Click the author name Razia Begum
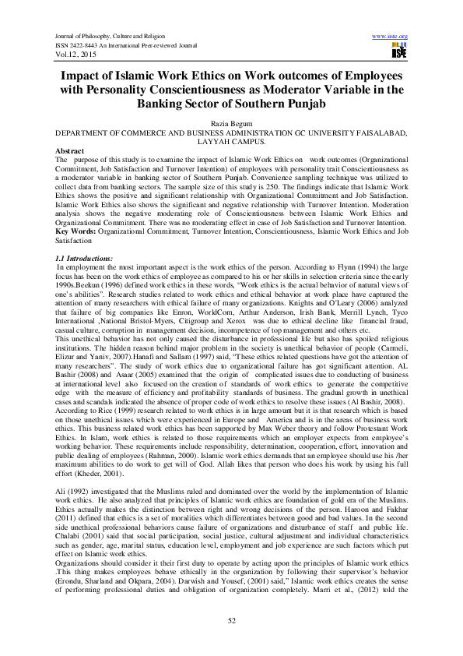[x=231, y=124]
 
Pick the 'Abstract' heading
[x=71, y=149]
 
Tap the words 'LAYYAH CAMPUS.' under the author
[x=232, y=141]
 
